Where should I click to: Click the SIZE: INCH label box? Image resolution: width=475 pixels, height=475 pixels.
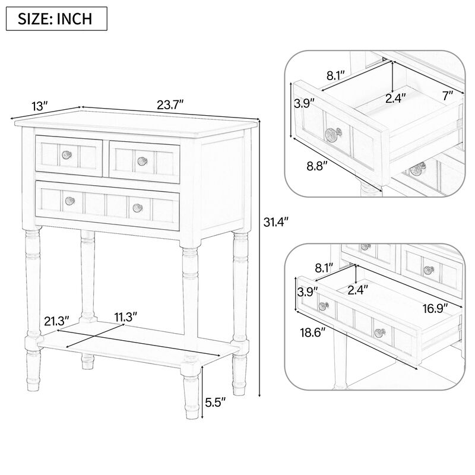[x=57, y=18]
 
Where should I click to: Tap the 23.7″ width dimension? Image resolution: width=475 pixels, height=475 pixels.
[x=170, y=104]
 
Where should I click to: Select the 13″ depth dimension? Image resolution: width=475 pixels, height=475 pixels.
[x=39, y=106]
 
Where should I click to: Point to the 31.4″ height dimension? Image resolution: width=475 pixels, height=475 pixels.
[x=275, y=223]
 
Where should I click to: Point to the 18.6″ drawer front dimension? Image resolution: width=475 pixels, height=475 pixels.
[x=312, y=333]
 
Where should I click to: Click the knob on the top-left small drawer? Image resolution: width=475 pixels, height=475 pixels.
[x=66, y=155]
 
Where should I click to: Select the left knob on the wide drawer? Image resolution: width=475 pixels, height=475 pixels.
[x=69, y=201]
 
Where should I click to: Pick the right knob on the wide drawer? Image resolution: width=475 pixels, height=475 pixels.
[x=138, y=207]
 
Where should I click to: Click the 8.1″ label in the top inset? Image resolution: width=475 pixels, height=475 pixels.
[x=335, y=75]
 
